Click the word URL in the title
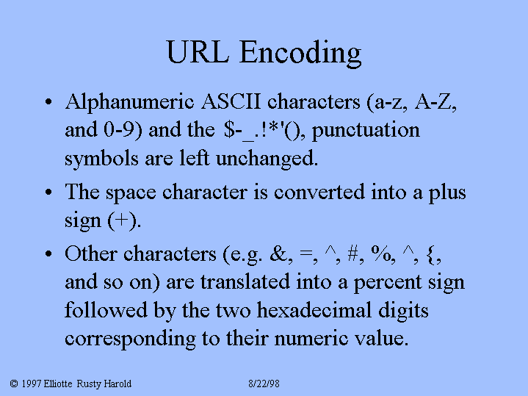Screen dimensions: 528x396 (198, 52)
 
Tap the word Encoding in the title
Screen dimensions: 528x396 (300, 54)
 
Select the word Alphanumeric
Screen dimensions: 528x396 (130, 102)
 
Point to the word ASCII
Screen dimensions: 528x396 (231, 101)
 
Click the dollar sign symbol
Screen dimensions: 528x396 (228, 129)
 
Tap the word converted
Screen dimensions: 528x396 (319, 192)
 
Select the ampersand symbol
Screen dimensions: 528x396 (278, 253)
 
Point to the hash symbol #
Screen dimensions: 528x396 (352, 253)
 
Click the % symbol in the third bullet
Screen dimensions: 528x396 (380, 253)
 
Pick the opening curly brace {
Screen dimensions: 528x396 (430, 254)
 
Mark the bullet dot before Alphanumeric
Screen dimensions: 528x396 (48, 101)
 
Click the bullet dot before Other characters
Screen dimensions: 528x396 (48, 253)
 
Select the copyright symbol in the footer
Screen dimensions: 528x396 (14, 384)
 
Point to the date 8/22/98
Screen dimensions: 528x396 (264, 384)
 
